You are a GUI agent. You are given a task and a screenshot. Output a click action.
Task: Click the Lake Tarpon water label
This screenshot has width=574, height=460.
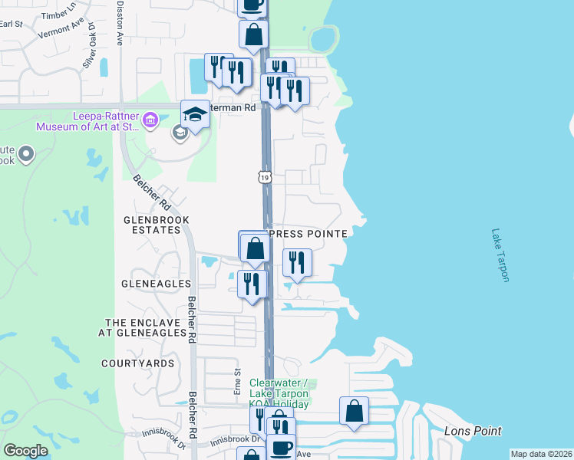(500, 255)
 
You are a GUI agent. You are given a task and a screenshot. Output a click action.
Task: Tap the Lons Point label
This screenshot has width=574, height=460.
(473, 431)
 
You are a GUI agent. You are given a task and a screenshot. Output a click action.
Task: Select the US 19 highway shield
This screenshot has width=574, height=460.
(264, 177)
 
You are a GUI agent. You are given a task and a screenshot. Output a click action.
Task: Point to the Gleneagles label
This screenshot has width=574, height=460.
(156, 284)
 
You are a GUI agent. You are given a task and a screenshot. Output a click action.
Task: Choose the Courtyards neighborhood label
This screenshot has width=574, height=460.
(137, 363)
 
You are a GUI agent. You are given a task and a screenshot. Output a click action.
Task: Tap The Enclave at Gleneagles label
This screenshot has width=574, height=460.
(147, 327)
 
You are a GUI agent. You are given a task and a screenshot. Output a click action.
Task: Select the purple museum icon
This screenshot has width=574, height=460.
(150, 120)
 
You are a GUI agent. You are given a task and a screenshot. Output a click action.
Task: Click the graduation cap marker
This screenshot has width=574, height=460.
(196, 116)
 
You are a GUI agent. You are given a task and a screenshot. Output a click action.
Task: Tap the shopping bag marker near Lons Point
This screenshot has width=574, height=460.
(354, 412)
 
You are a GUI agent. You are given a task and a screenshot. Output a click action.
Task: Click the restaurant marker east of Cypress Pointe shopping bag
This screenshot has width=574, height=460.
(297, 263)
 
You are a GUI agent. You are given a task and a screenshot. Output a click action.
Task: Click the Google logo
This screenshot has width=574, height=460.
(25, 451)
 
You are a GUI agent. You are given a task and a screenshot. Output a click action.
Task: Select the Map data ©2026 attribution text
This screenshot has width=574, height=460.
(541, 454)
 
